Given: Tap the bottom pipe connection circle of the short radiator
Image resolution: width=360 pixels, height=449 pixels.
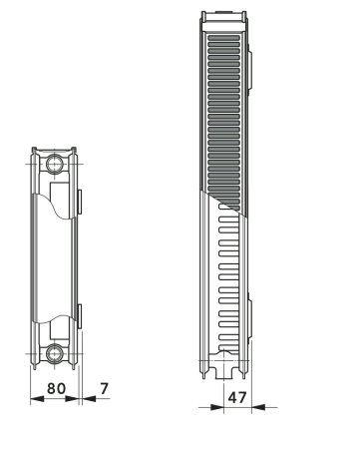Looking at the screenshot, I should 56,351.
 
